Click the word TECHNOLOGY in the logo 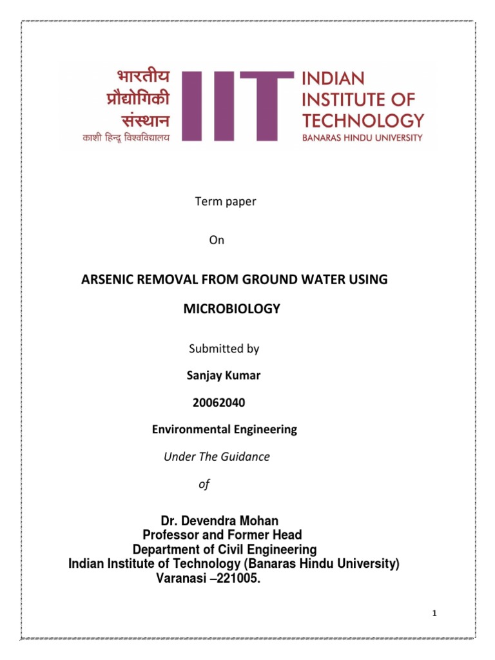tap(363, 120)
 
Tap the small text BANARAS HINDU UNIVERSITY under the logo tap(363, 137)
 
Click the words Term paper tap(226, 201)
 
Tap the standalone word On tap(217, 240)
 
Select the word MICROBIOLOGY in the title tap(232, 309)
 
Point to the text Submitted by tap(224, 349)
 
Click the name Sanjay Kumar tap(218, 376)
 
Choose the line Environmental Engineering tap(224, 429)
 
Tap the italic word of tap(204, 483)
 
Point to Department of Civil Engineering tap(224, 550)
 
